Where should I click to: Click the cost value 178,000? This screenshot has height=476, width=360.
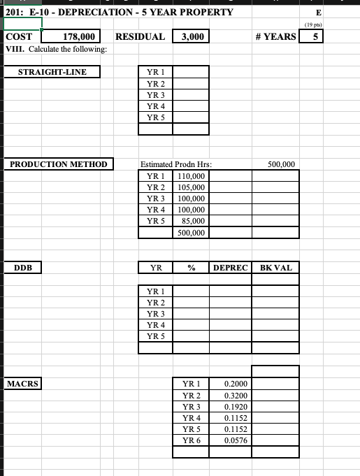coord(79,36)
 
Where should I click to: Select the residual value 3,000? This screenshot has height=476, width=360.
coord(191,36)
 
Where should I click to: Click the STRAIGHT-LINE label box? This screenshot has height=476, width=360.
coord(52,71)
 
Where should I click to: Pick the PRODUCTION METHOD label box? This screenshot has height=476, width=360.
coord(58,164)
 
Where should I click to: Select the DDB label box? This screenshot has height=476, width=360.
coord(24,268)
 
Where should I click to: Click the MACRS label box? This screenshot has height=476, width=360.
coord(22,383)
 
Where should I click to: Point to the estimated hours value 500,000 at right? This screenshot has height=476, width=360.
coord(282,164)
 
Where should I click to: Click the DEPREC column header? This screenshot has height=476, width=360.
coord(230,268)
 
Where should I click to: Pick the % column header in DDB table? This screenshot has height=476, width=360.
coord(190,268)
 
